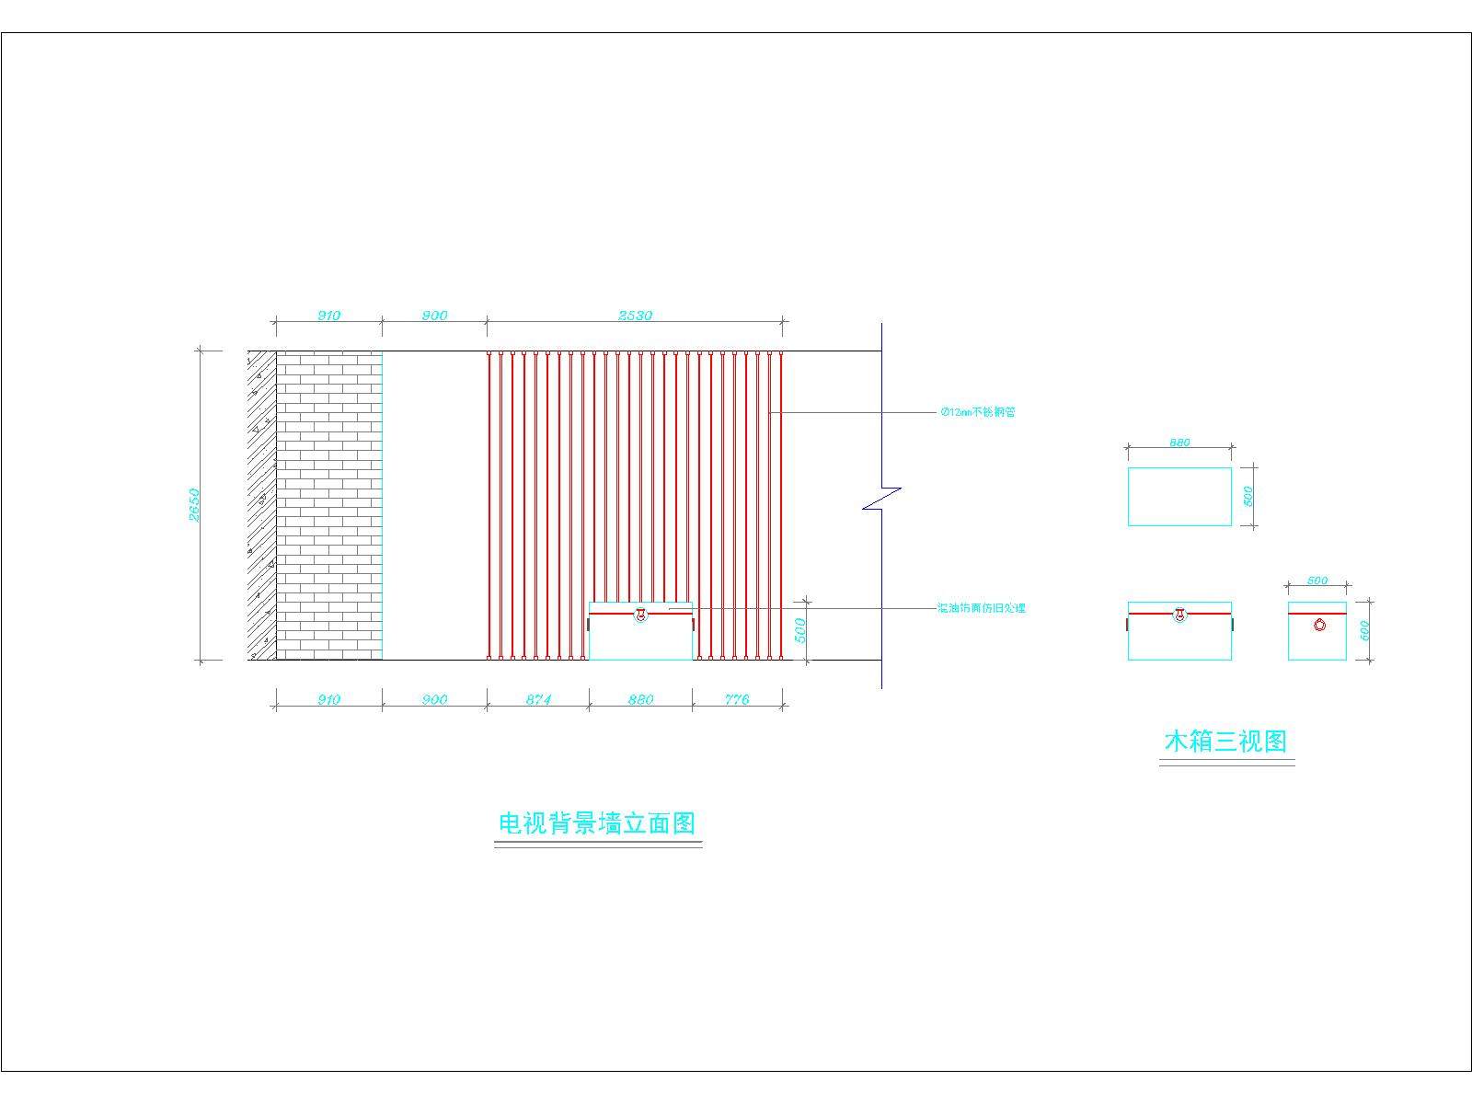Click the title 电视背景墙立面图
pyautogui.click(x=597, y=822)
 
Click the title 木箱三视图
pyautogui.click(x=1225, y=741)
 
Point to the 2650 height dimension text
pyautogui.click(x=194, y=504)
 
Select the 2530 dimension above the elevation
pyautogui.click(x=635, y=316)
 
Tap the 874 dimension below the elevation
pyautogui.click(x=538, y=699)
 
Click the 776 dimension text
pyautogui.click(x=737, y=699)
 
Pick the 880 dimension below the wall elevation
pyautogui.click(x=640, y=699)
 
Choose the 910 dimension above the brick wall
pyautogui.click(x=328, y=316)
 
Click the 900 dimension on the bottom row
pyautogui.click(x=434, y=699)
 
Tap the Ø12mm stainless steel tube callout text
pyautogui.click(x=978, y=412)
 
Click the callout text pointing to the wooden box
pyautogui.click(x=981, y=608)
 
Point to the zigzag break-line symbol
pyautogui.click(x=881, y=498)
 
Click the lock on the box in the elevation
pyautogui.click(x=640, y=614)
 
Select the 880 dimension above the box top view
pyautogui.click(x=1179, y=443)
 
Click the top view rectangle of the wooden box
pyautogui.click(x=1179, y=497)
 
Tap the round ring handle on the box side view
pyautogui.click(x=1319, y=625)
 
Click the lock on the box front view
pyautogui.click(x=1179, y=614)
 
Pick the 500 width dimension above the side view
pyautogui.click(x=1317, y=581)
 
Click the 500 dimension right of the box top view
pyautogui.click(x=1248, y=496)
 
